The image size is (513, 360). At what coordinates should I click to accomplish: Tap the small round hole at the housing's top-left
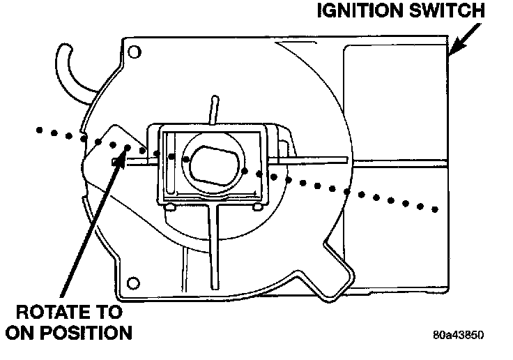coord(136,51)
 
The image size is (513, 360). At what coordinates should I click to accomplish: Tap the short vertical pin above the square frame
coord(210,111)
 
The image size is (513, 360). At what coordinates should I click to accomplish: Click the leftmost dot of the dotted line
coord(40,129)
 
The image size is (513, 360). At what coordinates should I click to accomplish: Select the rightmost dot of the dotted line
coord(435,208)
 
